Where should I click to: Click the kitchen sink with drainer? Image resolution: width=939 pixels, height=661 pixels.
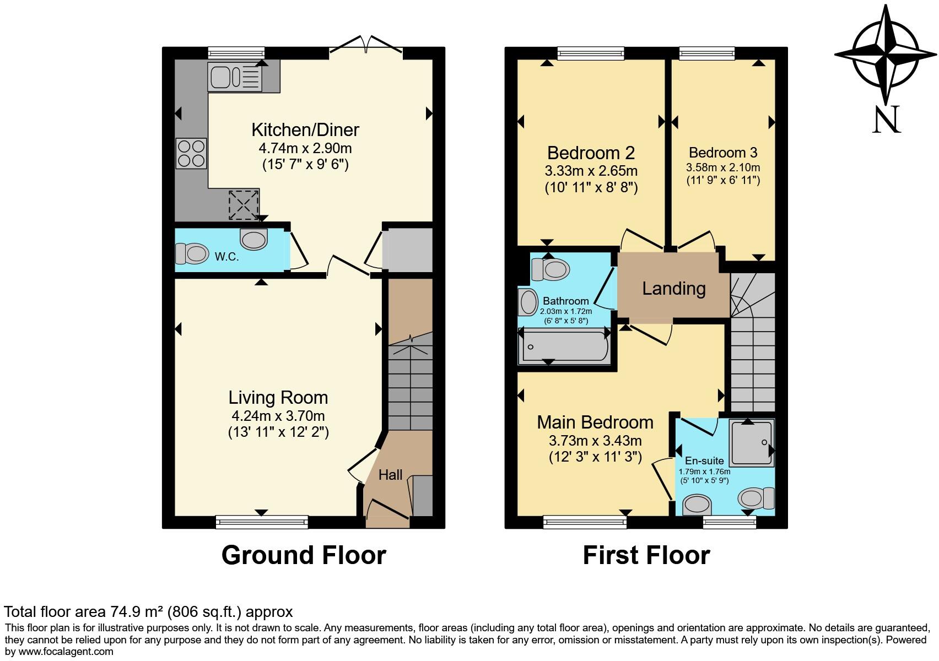coord(235,77)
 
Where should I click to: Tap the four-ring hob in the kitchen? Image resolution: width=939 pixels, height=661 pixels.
coord(191,154)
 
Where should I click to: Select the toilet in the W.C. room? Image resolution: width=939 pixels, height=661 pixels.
coord(192,253)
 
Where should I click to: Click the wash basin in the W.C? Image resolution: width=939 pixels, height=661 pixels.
coord(253,239)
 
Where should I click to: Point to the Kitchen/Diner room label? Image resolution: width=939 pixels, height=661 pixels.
coord(305,130)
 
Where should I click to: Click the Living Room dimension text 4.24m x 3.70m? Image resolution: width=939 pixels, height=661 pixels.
coord(278,416)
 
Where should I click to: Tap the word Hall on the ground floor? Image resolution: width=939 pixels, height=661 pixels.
coord(390,475)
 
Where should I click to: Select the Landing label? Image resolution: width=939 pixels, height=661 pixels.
coord(674,289)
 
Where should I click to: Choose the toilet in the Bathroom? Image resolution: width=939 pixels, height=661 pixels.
coord(551,269)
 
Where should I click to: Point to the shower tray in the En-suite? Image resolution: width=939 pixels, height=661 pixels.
coord(752,442)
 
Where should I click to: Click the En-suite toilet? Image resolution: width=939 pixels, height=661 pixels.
coord(756,499)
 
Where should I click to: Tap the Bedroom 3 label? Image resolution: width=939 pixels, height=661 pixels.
coord(723,152)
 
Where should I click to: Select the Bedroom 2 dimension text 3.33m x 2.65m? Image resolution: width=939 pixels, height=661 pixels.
coord(591,171)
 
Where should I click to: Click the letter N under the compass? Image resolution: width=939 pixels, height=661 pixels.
coord(887,119)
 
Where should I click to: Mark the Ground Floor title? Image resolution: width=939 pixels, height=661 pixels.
coord(304,555)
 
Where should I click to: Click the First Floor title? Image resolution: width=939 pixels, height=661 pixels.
coord(646,555)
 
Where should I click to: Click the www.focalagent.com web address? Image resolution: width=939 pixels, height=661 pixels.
coord(66,652)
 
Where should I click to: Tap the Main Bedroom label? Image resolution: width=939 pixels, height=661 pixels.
coord(595,422)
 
